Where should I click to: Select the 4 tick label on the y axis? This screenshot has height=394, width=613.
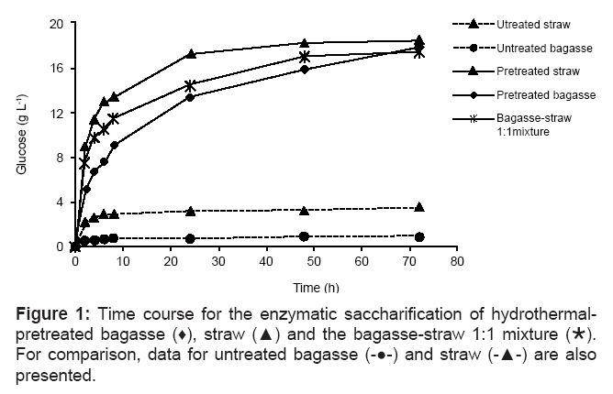pos(60,202)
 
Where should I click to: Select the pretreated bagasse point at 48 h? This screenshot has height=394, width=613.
pos(305,69)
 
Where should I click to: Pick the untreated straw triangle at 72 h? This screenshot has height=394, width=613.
pos(419,208)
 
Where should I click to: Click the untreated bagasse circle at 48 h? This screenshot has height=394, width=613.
pos(305,236)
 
